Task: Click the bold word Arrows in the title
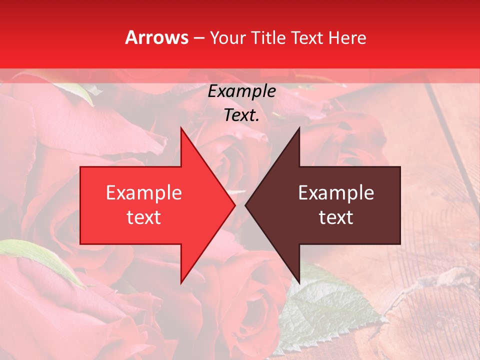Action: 157,37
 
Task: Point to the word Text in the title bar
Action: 307,37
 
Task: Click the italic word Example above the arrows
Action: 242,91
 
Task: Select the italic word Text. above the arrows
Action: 242,115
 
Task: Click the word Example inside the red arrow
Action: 144,192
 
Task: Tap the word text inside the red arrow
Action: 144,217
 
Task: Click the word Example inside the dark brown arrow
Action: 336,192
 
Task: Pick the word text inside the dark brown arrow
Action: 336,217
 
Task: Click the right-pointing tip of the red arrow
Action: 234,205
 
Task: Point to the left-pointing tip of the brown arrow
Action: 246,205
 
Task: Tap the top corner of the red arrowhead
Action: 181,128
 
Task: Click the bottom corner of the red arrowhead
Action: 181,282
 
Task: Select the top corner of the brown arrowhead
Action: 299,128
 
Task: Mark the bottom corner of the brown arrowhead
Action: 299,282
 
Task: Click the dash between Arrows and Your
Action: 198,37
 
